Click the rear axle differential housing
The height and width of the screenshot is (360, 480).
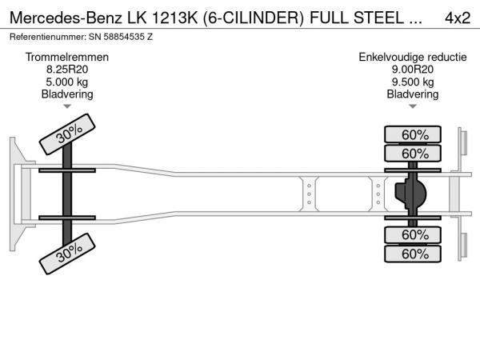pyautogui.click(x=411, y=194)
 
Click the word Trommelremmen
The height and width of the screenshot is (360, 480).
pyautogui.click(x=67, y=58)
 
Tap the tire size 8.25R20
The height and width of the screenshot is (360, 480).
pyautogui.click(x=67, y=70)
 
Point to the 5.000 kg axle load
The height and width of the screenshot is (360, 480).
pyautogui.click(x=67, y=82)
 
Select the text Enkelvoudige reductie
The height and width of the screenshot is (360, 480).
pyautogui.click(x=413, y=58)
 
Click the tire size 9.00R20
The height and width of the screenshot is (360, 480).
pyautogui.click(x=413, y=70)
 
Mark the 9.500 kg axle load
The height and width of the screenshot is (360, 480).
pyautogui.click(x=413, y=82)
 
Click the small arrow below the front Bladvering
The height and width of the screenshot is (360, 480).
pyautogui.click(x=67, y=106)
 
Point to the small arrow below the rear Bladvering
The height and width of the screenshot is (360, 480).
pyautogui.click(x=413, y=106)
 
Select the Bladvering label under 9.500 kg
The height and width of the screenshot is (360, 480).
pyautogui.click(x=413, y=94)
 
